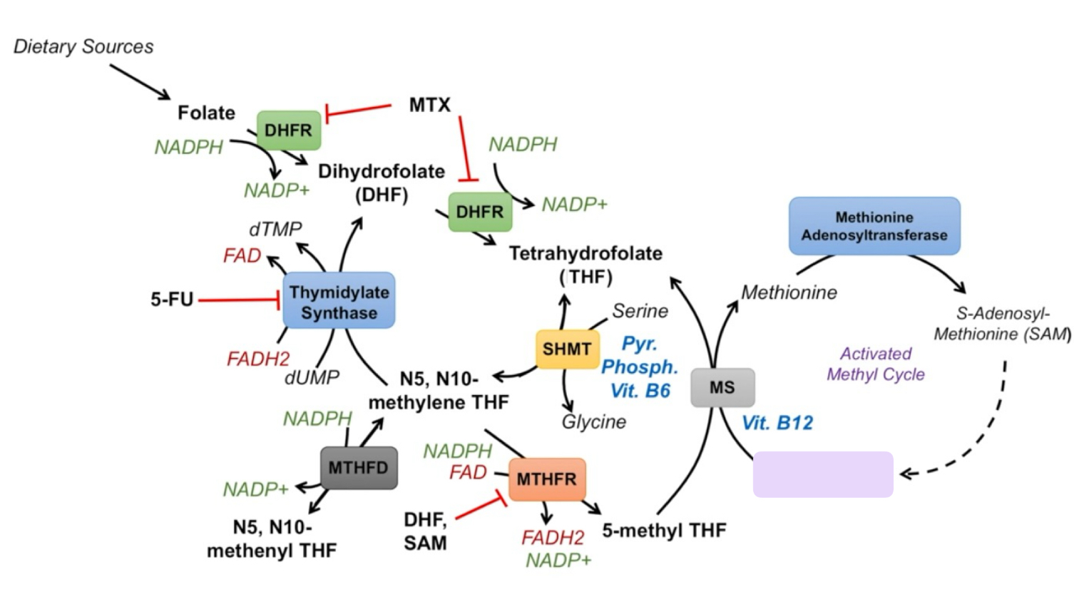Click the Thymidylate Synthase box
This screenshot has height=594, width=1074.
339,301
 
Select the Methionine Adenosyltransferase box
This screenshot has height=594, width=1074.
874,226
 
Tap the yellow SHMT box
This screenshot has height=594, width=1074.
567,349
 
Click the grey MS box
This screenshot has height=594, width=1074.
722,387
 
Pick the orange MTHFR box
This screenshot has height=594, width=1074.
547,479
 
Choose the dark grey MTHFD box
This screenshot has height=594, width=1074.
359,468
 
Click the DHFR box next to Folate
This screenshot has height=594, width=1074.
289,130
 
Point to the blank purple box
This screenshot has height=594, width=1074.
823,474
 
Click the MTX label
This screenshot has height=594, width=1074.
430,105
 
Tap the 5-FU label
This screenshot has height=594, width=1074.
172,299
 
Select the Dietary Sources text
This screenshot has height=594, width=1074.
83,47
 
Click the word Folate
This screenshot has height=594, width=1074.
206,113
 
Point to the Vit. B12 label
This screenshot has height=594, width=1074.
777,423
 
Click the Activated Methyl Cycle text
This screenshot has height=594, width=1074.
876,364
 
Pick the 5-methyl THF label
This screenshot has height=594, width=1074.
664,531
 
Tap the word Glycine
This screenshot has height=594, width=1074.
594,422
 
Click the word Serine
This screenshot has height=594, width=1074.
640,311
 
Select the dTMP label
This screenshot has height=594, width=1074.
275,229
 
